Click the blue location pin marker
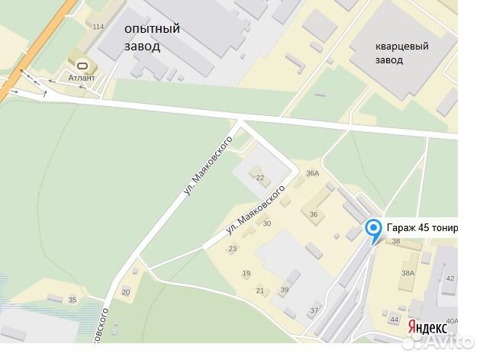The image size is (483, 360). pyautogui.click(x=373, y=229)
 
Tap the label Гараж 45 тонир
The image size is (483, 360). pyautogui.click(x=422, y=227)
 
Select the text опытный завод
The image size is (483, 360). pyautogui.click(x=153, y=37)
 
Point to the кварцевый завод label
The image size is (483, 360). pyautogui.click(x=401, y=53)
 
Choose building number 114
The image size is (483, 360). pyautogui.click(x=98, y=27)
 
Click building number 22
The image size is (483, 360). pyautogui.click(x=260, y=178)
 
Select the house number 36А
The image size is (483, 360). pyautogui.click(x=312, y=174)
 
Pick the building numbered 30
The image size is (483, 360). pyautogui.click(x=267, y=223)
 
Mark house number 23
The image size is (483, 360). pyautogui.click(x=233, y=249)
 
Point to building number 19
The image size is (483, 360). pyautogui.click(x=246, y=273)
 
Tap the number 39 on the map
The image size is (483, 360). pyautogui.click(x=285, y=290)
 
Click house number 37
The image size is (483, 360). pyautogui.click(x=314, y=310)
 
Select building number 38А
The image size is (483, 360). pyautogui.click(x=408, y=273)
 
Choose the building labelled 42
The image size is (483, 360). pyautogui.click(x=450, y=278)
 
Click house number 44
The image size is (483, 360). pyautogui.click(x=394, y=320)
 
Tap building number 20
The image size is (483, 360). pyautogui.click(x=126, y=291)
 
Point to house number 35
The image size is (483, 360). pyautogui.click(x=72, y=300)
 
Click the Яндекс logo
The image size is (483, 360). pyautogui.click(x=427, y=326)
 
